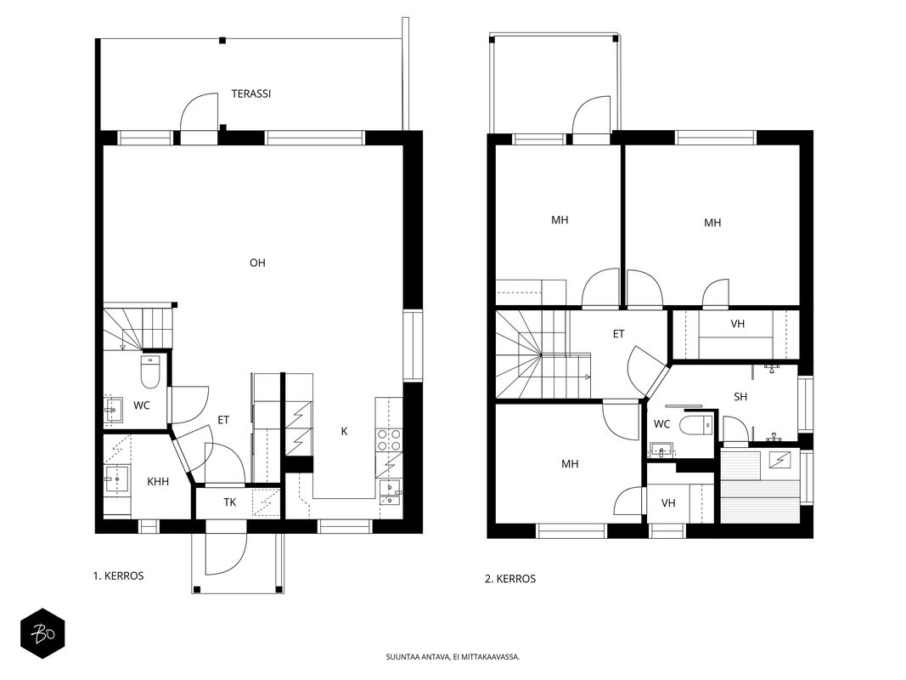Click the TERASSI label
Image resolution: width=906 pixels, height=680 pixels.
pyautogui.click(x=250, y=93)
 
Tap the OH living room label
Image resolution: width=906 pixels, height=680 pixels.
pyautogui.click(x=257, y=263)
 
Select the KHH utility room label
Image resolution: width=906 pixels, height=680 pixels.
pyautogui.click(x=158, y=482)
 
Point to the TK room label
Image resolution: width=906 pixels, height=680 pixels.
pyautogui.click(x=230, y=502)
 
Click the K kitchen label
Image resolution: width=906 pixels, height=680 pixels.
pyautogui.click(x=345, y=431)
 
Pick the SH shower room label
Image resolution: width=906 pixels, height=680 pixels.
pyautogui.click(x=740, y=397)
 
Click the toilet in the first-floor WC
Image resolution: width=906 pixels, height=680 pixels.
pyautogui.click(x=150, y=371)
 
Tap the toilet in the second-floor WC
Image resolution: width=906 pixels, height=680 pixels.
pyautogui.click(x=697, y=426)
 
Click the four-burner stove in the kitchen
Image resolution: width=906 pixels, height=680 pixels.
pyautogui.click(x=388, y=439)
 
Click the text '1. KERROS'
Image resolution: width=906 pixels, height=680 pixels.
pyautogui.click(x=118, y=576)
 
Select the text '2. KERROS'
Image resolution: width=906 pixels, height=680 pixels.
pyautogui.click(x=510, y=579)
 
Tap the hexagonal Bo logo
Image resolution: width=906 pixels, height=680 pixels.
pyautogui.click(x=42, y=634)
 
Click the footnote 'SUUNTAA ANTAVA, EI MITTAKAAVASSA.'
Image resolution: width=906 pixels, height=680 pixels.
pyautogui.click(x=453, y=657)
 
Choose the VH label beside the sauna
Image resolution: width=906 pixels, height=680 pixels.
pyautogui.click(x=668, y=503)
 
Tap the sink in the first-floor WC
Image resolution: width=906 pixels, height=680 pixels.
pyautogui.click(x=113, y=410)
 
